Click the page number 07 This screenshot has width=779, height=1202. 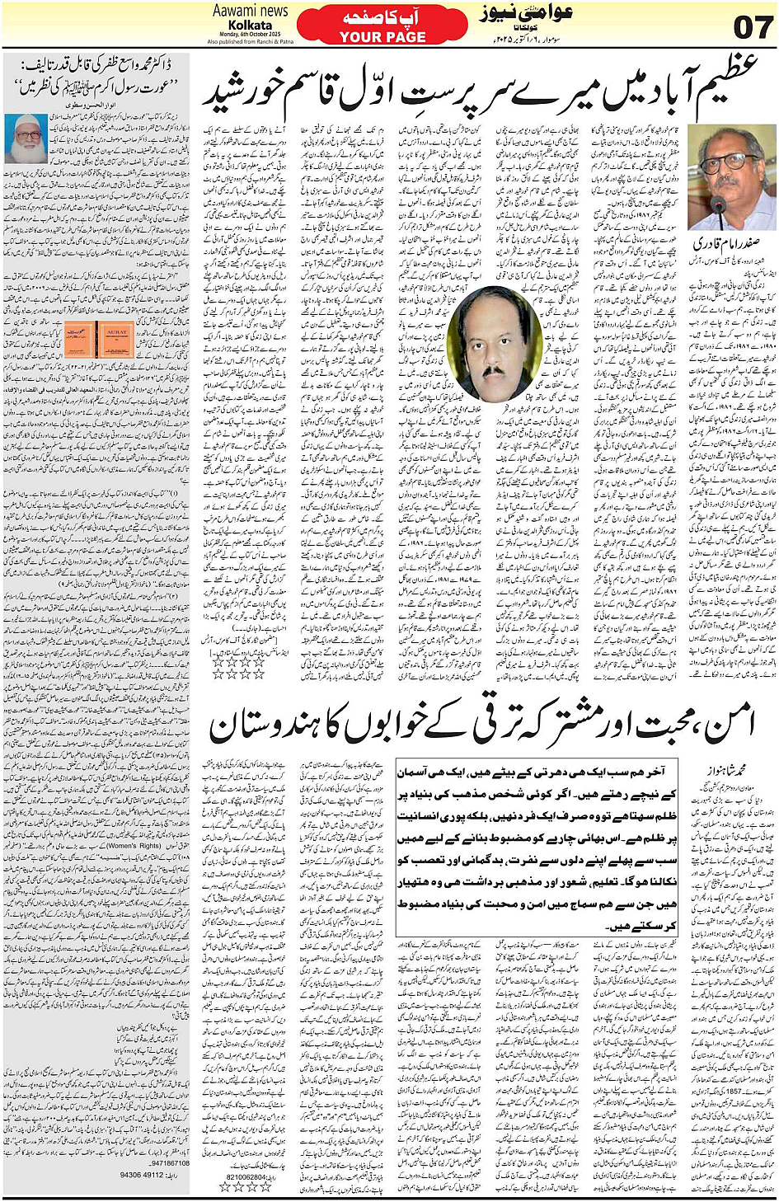pos(753,26)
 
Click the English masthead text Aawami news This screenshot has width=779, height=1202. pos(251,11)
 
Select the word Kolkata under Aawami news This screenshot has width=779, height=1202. pos(251,25)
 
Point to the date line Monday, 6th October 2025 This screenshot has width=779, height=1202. pos(251,34)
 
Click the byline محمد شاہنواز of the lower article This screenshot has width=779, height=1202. pos(725,770)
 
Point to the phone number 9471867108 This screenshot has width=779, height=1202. pos(170,1163)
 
